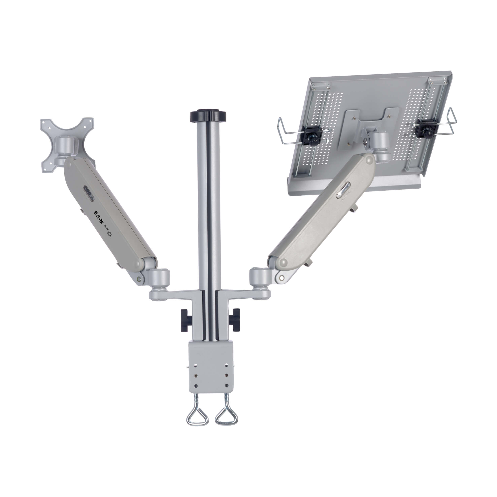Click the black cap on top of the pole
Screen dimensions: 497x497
tap(208, 116)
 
